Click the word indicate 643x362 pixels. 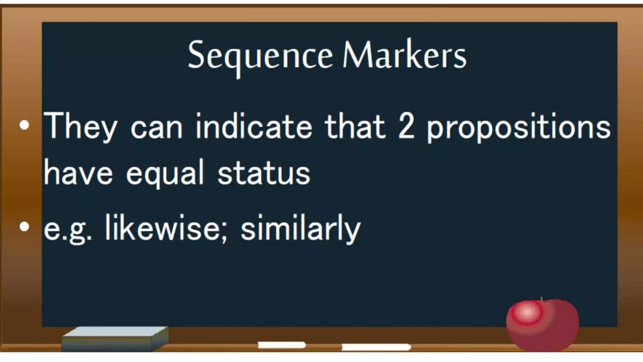(x=254, y=126)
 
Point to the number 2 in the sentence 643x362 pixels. (x=406, y=126)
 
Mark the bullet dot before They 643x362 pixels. (x=24, y=125)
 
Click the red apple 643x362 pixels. (x=543, y=325)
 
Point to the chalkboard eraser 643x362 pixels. (x=115, y=339)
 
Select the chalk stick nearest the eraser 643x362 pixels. (x=282, y=345)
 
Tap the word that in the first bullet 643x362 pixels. (x=355, y=126)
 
